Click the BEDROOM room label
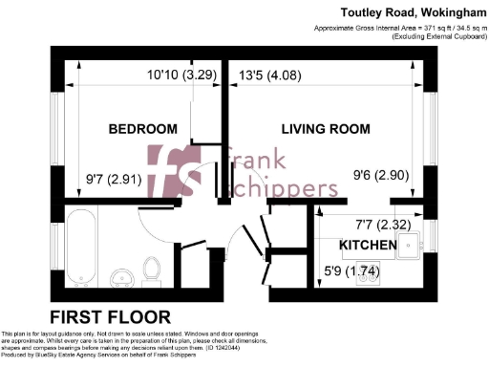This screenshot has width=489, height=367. [142, 129]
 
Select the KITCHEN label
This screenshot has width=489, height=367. [368, 246]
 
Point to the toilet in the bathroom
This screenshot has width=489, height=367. [150, 270]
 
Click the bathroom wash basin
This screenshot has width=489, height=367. [120, 278]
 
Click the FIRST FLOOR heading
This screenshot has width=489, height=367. [111, 316]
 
